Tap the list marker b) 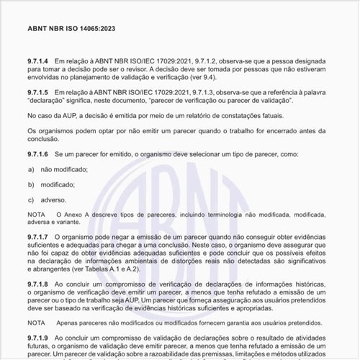[x=32, y=184]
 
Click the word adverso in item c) [x=53, y=199]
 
